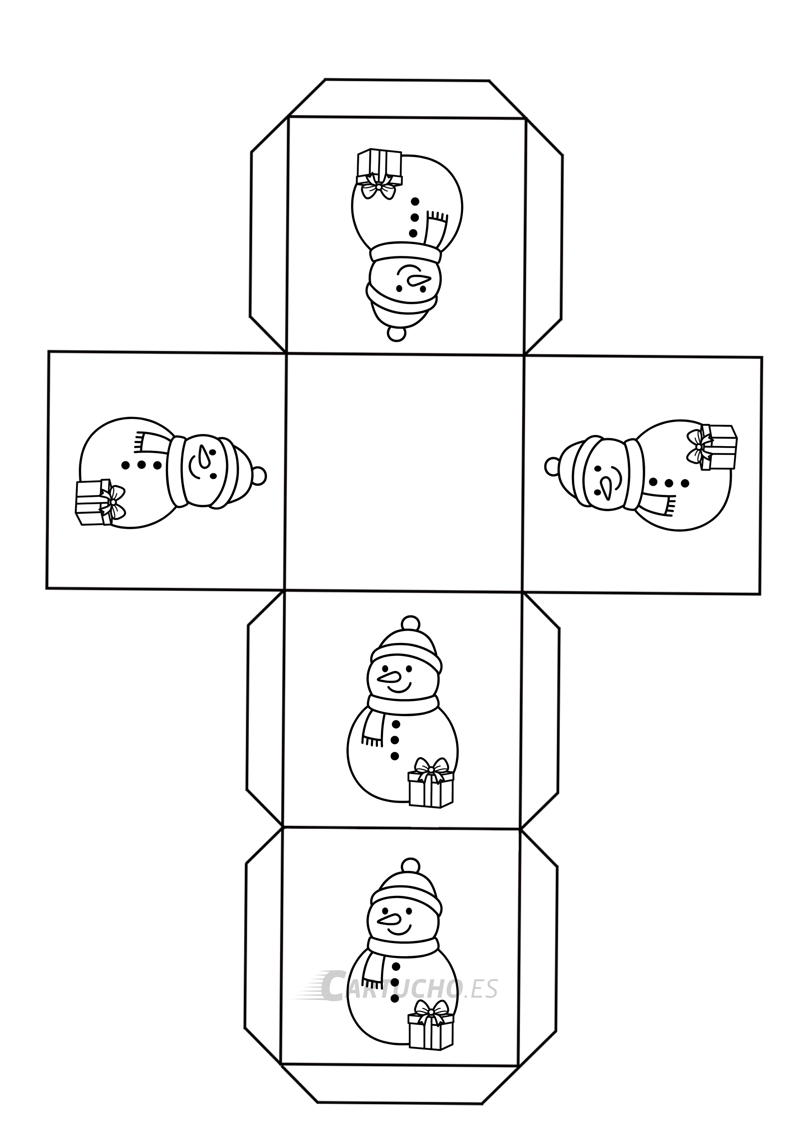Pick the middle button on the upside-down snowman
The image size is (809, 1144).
414,217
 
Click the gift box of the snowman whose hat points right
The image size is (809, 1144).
93,502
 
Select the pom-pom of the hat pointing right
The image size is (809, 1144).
258,476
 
